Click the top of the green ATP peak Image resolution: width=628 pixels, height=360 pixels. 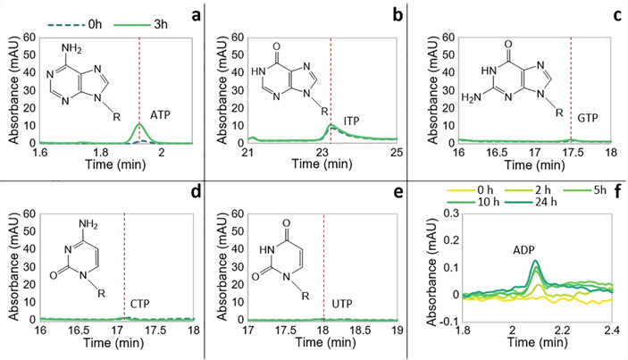(138, 123)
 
